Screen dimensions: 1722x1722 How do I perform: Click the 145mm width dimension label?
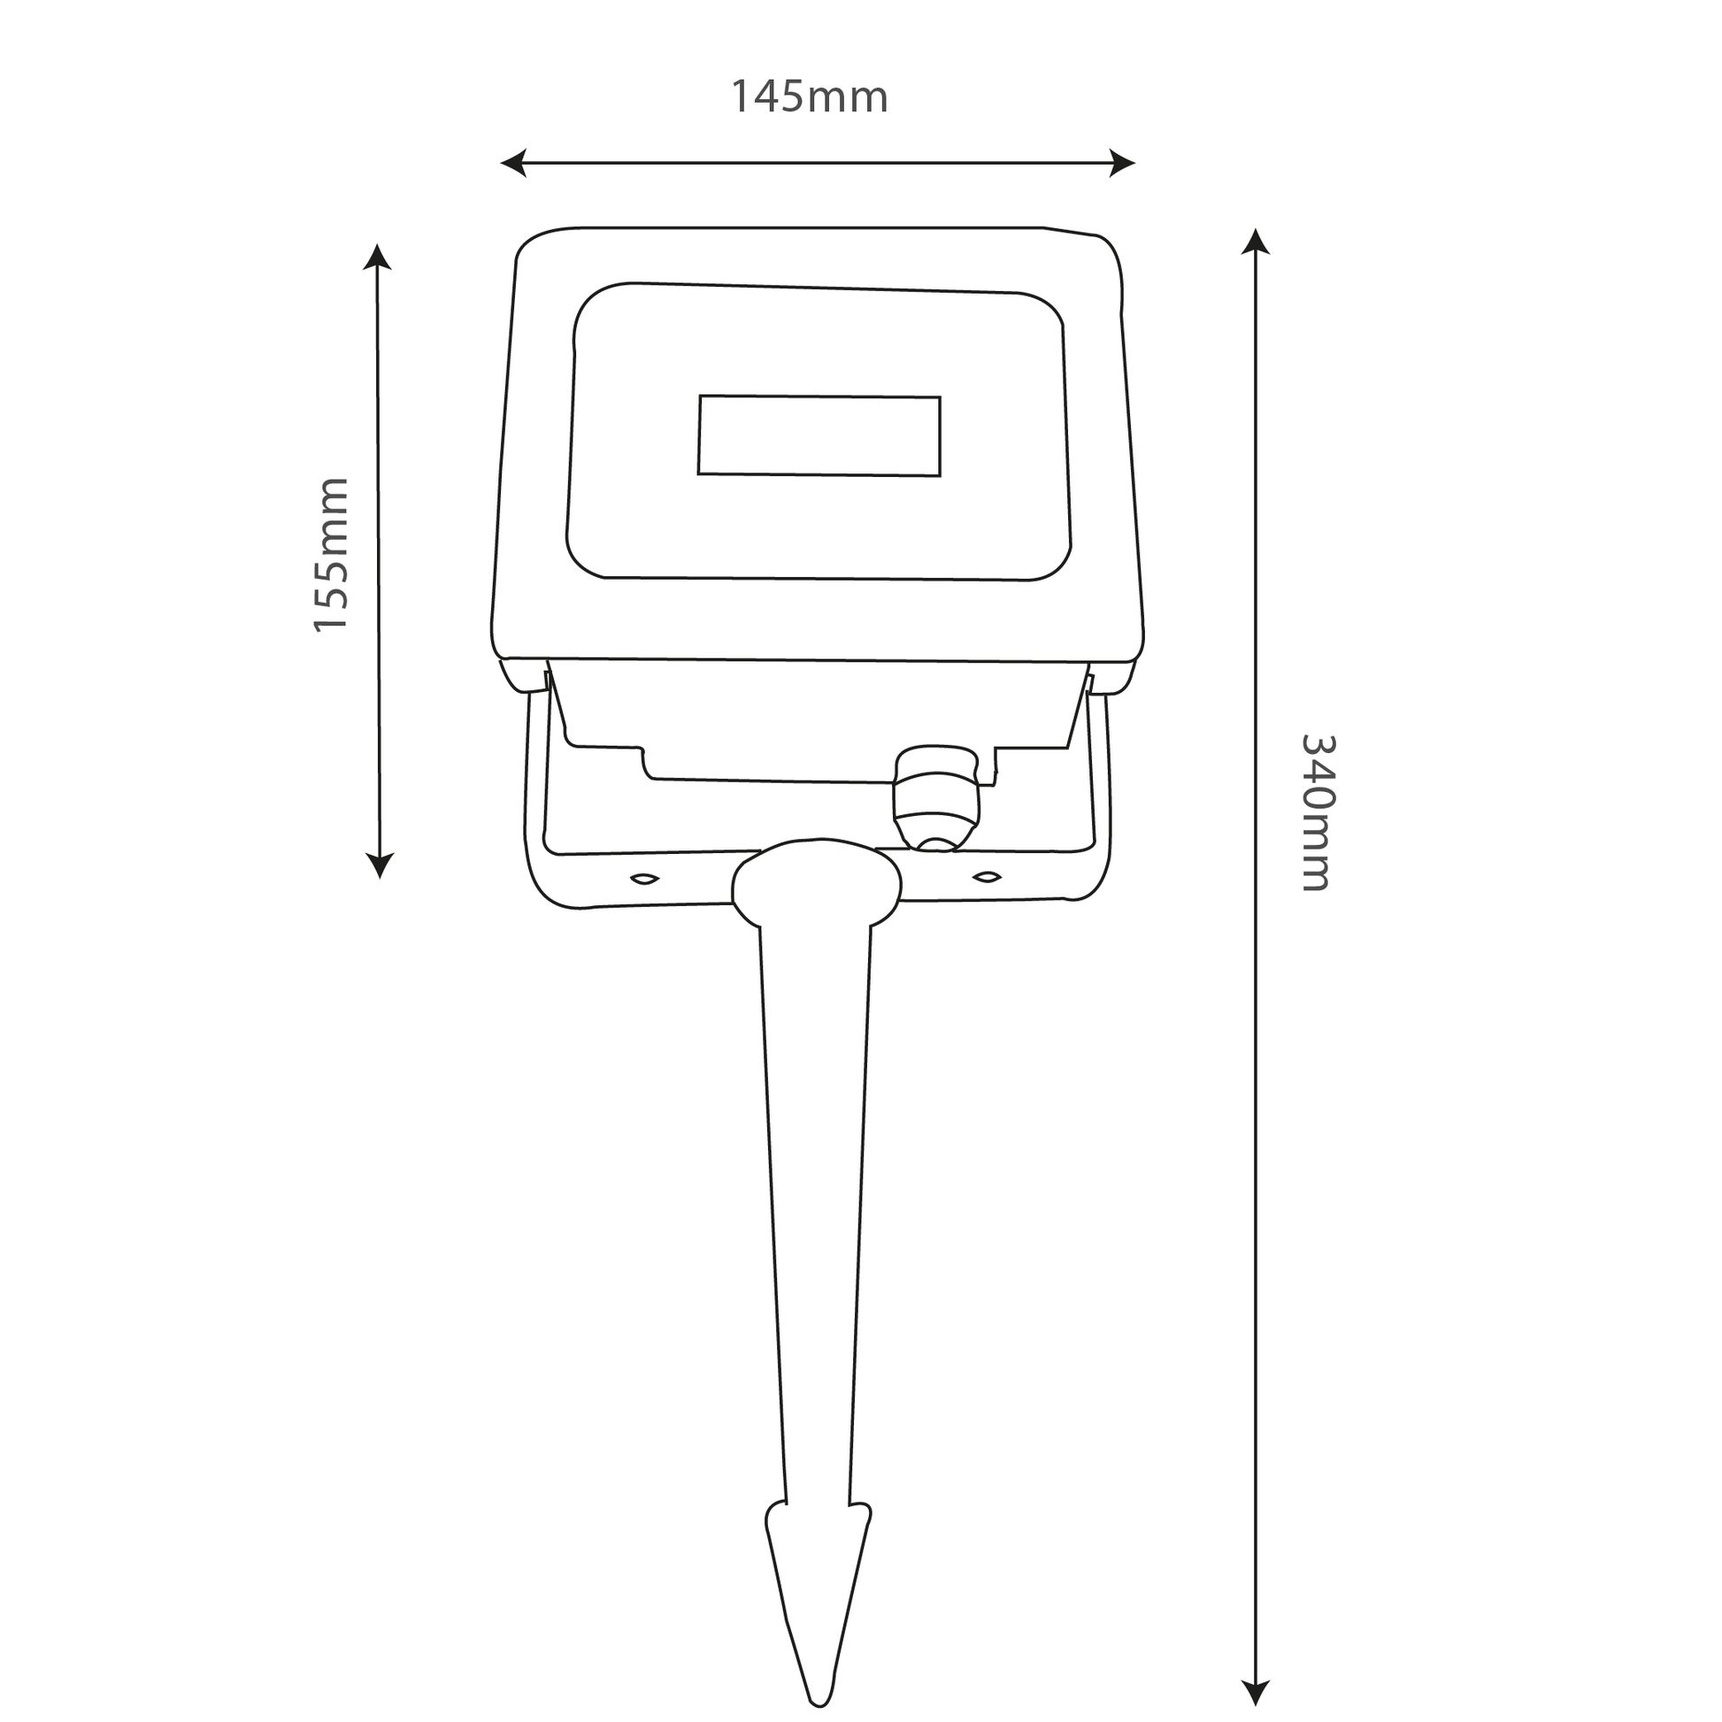[x=810, y=97]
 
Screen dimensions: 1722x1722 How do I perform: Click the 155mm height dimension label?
[x=331, y=556]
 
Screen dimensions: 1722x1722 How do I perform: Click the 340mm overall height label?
[x=1317, y=812]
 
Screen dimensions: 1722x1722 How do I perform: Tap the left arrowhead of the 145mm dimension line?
[x=511, y=163]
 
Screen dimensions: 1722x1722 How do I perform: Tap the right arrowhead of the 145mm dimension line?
[x=1123, y=163]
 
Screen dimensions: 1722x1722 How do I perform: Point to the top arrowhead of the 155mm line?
[x=377, y=256]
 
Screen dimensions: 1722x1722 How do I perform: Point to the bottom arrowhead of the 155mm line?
[x=380, y=865]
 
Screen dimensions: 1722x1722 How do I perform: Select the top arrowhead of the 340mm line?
[x=1255, y=241]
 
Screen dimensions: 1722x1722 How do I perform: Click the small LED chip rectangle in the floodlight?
[x=819, y=436]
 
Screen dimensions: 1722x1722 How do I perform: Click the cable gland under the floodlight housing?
[x=937, y=797]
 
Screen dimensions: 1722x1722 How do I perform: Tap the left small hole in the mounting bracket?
[x=644, y=880]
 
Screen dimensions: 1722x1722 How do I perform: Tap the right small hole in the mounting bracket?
[x=986, y=878]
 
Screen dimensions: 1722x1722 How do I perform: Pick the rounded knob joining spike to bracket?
[x=817, y=883]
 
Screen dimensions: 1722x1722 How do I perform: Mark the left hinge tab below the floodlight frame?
[x=521, y=674]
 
